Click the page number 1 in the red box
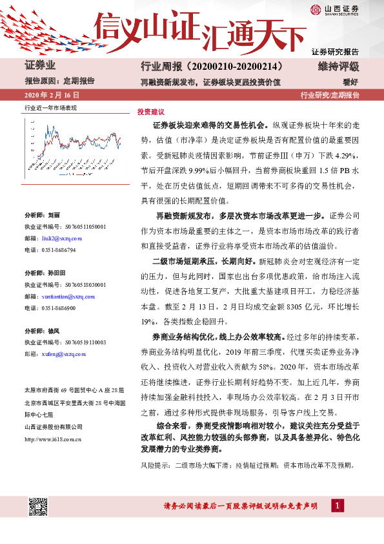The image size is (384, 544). pos(337,505)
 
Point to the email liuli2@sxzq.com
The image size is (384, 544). pos(59,238)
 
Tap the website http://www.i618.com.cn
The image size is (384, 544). pos(52,439)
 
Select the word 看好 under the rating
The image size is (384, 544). pos(351,82)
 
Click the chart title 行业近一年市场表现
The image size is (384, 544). pos(50,107)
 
